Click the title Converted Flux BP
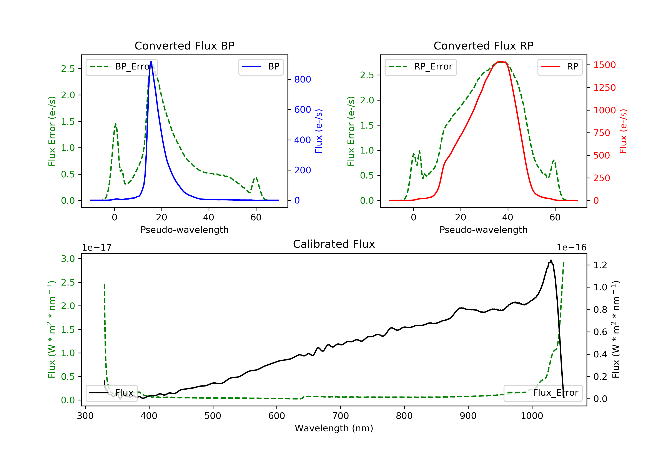185,46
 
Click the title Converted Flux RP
484,46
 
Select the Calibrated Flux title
334,244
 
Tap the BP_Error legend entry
121,67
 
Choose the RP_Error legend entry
421,67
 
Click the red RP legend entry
560,67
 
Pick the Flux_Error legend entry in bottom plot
543,393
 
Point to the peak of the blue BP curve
151,62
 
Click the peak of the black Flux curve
551,260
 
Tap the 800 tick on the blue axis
303,79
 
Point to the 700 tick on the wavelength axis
341,416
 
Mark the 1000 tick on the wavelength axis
532,416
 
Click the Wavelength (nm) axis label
334,428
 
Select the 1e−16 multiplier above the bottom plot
572,248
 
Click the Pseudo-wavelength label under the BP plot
185,230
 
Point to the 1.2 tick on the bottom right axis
600,265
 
